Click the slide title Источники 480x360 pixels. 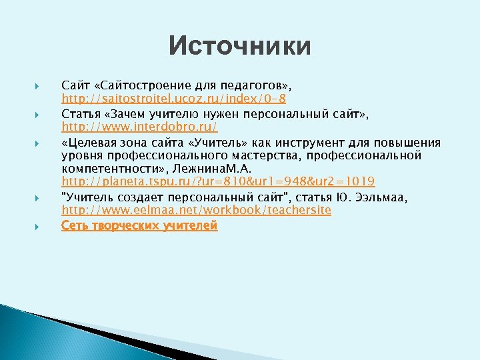click(x=239, y=47)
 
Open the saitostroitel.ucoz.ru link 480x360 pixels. click(x=174, y=99)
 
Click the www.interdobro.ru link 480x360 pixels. click(x=139, y=126)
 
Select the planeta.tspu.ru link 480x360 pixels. click(x=218, y=181)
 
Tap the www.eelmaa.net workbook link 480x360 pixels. click(x=196, y=210)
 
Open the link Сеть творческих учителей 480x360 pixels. click(x=139, y=225)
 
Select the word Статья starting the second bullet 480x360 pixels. click(x=79, y=114)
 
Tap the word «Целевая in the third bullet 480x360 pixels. click(x=85, y=142)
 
